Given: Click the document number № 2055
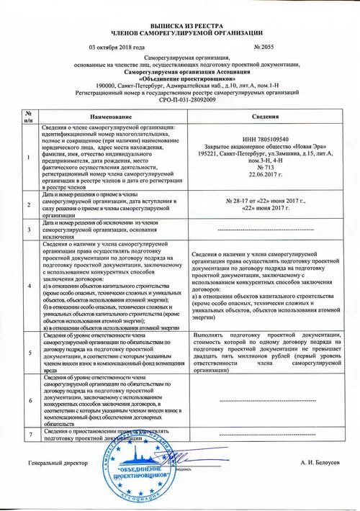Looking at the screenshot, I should pos(269,46).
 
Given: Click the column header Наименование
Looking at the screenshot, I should pos(111,117).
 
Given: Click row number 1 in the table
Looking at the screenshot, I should pos(27,155).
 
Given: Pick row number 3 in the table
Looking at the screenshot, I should pos(27,230).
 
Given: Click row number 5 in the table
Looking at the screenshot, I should pos(27,353).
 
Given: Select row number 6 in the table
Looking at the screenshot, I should pos(27,401).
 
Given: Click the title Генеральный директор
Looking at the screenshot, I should pos(58,464).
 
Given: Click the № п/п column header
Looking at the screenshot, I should pos(27,117).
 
